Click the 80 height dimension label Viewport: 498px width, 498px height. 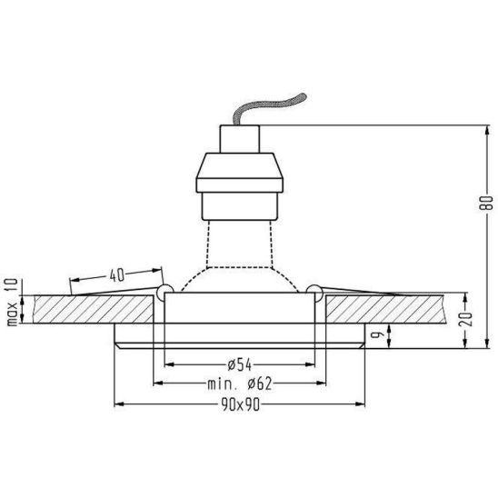(x=486, y=203)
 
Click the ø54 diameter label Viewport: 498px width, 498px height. (x=240, y=365)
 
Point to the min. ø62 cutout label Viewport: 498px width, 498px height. (x=240, y=384)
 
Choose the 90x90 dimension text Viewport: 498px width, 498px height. (x=241, y=404)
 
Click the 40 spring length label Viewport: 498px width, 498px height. (x=117, y=275)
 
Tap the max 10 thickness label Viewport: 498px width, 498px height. (x=12, y=302)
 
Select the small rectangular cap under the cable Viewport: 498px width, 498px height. (x=240, y=139)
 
